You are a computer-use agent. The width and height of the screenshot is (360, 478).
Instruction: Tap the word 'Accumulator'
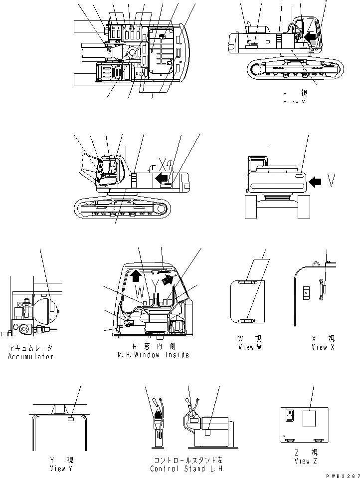coord(30,356)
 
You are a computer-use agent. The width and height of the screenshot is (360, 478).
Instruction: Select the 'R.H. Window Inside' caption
coord(153,355)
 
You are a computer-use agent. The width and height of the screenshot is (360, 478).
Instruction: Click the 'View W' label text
coord(249,347)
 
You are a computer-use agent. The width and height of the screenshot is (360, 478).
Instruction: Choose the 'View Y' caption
coord(62,469)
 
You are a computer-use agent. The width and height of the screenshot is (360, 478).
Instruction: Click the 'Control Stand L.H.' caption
coord(187,469)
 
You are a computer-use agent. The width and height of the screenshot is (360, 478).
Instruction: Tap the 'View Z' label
coord(302,461)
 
